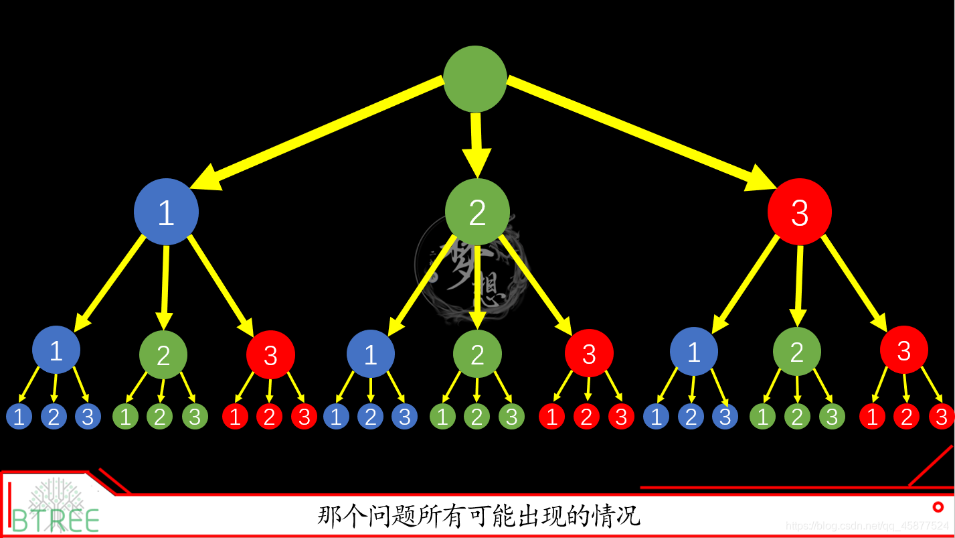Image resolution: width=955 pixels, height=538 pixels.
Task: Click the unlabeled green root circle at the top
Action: pos(475,79)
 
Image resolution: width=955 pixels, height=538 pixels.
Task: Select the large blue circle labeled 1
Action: pos(166,212)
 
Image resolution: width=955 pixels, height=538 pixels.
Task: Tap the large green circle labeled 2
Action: pos(477,212)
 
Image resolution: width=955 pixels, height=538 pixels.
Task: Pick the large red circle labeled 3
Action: pos(800,212)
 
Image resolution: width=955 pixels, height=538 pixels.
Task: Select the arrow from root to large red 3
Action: pos(642,131)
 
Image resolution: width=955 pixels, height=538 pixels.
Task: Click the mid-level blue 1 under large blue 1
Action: pos(56,350)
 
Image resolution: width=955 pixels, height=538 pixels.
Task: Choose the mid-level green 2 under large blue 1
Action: pos(163,355)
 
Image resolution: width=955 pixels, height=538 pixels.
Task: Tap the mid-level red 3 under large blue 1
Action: pos(270,355)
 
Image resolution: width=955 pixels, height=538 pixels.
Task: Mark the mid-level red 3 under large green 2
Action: pos(589,354)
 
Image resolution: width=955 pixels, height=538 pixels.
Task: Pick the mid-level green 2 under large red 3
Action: pos(796,352)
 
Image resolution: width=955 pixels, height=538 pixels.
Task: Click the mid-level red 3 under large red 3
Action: pos(903,350)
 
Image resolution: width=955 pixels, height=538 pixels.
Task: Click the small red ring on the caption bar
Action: pos(938,507)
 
